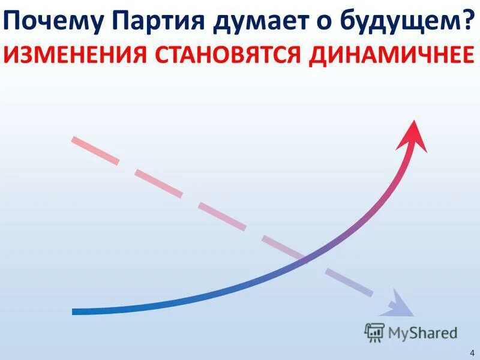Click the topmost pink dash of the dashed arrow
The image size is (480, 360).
tap(95, 151)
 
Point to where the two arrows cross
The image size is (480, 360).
tap(304, 259)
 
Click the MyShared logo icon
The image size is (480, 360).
tap(374, 332)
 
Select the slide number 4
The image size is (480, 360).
tap(471, 350)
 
